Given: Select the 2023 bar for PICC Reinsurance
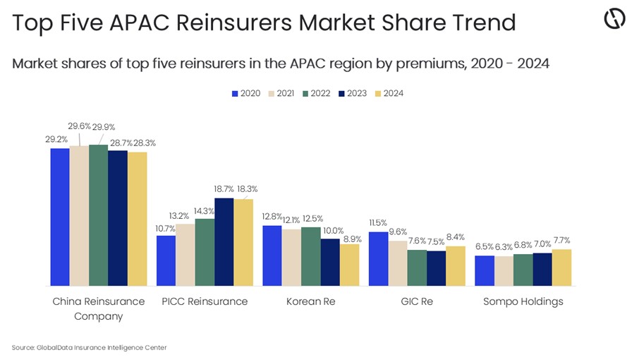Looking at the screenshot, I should tap(224, 241).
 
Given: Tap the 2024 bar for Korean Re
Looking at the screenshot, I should tap(349, 265).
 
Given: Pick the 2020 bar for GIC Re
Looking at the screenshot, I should tap(378, 258).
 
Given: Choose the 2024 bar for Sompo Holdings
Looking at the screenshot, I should tap(561, 267).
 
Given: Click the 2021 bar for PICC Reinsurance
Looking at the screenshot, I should tap(185, 254).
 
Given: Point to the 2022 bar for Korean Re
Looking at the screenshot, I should tap(310, 256).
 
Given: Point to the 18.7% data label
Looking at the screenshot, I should tap(223, 189).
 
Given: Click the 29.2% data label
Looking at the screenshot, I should tap(56, 140).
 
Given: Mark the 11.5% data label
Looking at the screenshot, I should tap(378, 223).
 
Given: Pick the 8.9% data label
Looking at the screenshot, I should tap(351, 239).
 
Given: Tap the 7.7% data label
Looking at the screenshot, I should tap(561, 240).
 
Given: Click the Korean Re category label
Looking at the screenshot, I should tap(310, 301).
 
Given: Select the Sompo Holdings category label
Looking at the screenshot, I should tap(523, 301).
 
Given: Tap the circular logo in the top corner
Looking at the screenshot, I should tap(614, 20).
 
